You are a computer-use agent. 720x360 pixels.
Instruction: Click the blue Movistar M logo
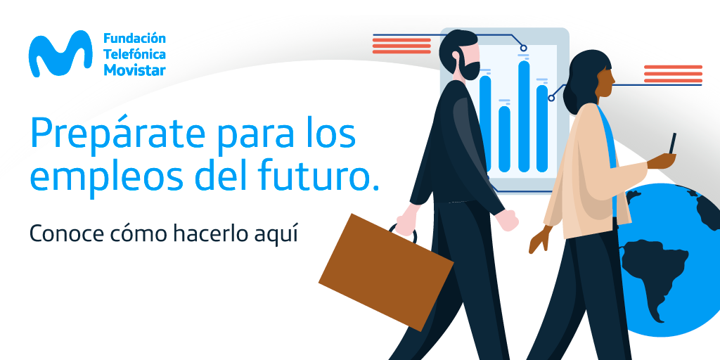60,54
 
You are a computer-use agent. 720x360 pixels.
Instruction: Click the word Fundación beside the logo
134,38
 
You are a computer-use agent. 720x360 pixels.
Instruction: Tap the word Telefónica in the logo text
134,54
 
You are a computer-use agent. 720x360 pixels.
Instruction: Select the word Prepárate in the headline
117,132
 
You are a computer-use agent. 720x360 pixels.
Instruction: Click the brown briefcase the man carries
386,272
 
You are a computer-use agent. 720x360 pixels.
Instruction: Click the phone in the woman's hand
672,143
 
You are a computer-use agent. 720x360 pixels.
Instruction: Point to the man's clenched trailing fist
508,219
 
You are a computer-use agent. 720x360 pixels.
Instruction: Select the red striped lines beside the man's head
401,46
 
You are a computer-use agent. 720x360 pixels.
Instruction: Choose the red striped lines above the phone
673,74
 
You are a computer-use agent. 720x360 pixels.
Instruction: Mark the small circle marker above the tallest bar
523,48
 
